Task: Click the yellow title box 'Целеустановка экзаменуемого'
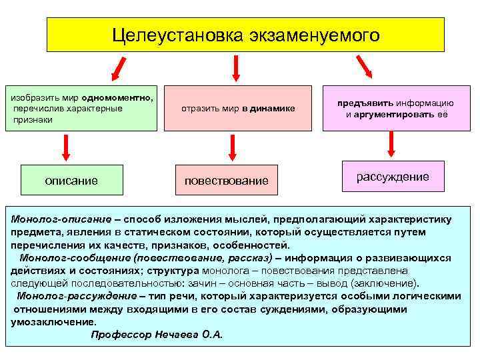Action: click(245, 35)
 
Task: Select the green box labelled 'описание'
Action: click(71, 180)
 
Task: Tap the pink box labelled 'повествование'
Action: click(226, 180)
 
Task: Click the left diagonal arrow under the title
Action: click(119, 69)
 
